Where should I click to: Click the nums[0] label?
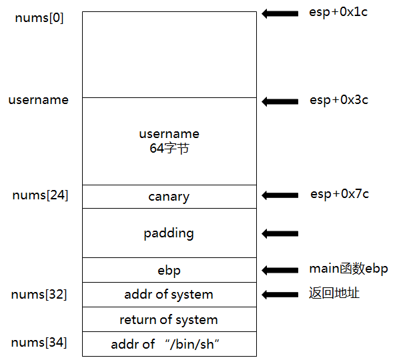click(x=39, y=18)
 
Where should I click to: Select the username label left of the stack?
click(x=39, y=100)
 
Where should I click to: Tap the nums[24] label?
click(x=40, y=195)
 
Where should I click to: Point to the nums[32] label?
click(x=39, y=295)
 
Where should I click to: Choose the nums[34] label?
click(x=39, y=343)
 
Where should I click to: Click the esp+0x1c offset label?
click(x=338, y=12)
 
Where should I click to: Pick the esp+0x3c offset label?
click(x=339, y=100)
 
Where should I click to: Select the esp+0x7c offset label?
click(x=340, y=194)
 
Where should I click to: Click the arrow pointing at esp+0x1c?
click(x=280, y=13)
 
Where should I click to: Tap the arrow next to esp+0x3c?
click(x=280, y=102)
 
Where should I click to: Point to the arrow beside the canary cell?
click(x=280, y=195)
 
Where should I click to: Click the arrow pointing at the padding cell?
click(x=280, y=233)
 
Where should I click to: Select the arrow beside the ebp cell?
click(x=280, y=270)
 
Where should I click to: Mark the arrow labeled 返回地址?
click(x=280, y=295)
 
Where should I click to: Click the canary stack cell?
click(x=169, y=197)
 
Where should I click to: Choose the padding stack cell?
click(x=169, y=233)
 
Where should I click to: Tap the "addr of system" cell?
click(x=169, y=295)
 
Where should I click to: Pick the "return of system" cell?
click(x=169, y=319)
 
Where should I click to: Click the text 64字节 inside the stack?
click(x=169, y=148)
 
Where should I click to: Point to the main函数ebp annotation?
click(x=348, y=269)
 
